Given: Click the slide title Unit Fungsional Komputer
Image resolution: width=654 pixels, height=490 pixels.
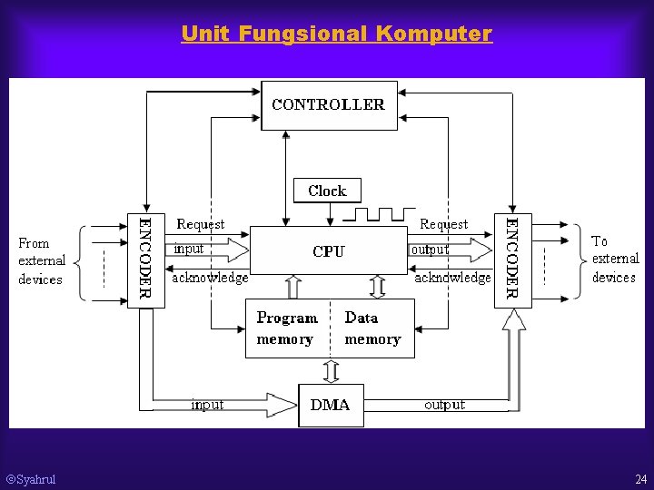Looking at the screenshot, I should click(x=336, y=34).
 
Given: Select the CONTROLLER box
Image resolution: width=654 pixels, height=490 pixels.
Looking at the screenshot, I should click(x=329, y=105).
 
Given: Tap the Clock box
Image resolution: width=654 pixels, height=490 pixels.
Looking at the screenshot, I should click(x=327, y=191).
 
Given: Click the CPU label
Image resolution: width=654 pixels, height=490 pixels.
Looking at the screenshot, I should click(x=328, y=251).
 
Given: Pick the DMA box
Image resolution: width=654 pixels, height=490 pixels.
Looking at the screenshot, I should click(x=331, y=405).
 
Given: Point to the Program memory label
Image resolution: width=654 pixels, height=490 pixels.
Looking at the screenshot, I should click(x=286, y=328).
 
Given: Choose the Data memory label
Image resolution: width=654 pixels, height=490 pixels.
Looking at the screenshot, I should click(x=372, y=328).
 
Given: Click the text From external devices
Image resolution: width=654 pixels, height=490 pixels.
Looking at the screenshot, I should click(x=42, y=260).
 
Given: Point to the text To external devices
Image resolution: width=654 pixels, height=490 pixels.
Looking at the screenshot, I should click(x=614, y=260).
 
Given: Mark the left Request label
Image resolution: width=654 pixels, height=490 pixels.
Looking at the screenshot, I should click(x=201, y=224).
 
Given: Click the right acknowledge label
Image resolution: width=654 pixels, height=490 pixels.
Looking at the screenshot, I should click(x=452, y=278).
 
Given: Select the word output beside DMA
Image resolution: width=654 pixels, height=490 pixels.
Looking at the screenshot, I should click(x=444, y=405).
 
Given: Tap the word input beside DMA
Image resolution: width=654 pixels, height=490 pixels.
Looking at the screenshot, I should click(x=207, y=405).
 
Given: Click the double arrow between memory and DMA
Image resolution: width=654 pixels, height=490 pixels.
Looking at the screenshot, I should click(x=332, y=372).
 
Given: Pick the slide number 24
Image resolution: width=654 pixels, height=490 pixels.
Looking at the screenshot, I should click(x=640, y=479).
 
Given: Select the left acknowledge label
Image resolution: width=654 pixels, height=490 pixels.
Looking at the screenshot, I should click(x=210, y=278).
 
